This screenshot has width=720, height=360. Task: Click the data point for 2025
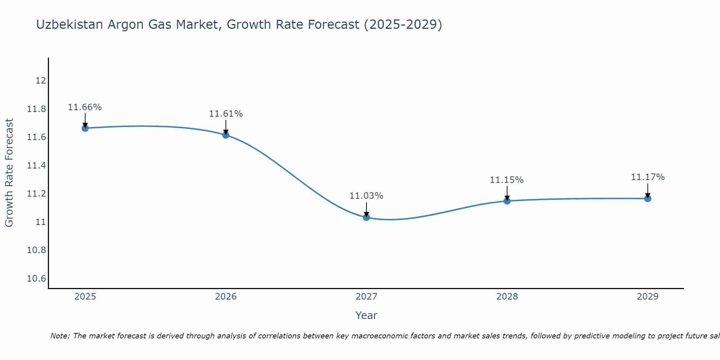[85, 128]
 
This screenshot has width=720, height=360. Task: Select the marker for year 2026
[226, 135]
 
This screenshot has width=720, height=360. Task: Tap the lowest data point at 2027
[366, 217]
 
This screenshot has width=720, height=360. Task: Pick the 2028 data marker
[507, 201]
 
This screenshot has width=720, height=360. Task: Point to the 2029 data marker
[648, 198]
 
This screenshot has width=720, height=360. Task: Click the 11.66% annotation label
[85, 107]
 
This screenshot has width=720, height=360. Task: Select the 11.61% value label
[226, 114]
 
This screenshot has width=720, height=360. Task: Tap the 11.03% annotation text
[366, 196]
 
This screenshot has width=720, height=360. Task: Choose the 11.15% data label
[507, 180]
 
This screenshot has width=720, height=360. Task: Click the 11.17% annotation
[648, 177]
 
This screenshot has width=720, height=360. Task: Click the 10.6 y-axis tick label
[37, 279]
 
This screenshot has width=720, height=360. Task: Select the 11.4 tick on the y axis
[37, 166]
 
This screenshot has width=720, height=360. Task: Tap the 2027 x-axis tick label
[366, 297]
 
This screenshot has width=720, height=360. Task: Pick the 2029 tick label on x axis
[648, 297]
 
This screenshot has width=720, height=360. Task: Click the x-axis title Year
[366, 315]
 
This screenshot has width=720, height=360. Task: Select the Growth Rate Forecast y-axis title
[9, 173]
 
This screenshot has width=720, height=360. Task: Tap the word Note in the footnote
[60, 336]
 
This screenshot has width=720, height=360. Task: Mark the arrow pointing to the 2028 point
[507, 192]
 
